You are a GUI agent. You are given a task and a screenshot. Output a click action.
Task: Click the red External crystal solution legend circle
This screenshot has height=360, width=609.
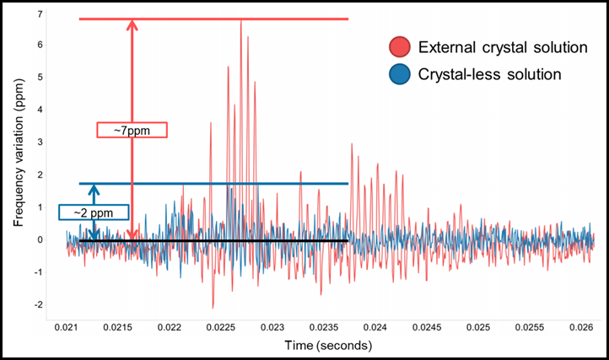click(x=399, y=47)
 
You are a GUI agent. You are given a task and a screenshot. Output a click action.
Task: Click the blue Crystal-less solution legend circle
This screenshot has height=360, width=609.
click(x=399, y=74)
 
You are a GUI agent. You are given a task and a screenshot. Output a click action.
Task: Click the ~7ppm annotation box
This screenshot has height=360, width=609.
click(x=132, y=130)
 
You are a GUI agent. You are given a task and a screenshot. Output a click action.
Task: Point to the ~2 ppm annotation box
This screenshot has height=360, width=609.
click(x=93, y=212)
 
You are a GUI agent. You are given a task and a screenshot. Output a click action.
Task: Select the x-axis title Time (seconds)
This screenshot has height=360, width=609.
click(x=329, y=346)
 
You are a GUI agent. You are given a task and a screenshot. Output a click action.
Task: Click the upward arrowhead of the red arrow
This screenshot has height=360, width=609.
click(x=132, y=24)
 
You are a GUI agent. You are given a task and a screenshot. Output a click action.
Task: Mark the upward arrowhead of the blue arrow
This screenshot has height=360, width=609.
click(x=94, y=189)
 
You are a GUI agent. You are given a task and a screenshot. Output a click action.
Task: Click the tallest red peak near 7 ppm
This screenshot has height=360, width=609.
click(x=241, y=20)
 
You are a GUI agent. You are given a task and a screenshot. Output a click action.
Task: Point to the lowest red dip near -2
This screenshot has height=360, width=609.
click(x=213, y=307)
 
